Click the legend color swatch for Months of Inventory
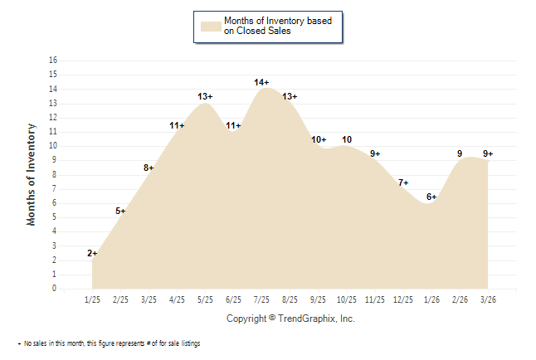click(211, 26)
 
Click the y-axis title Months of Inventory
click(32, 174)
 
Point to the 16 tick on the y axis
click(53, 61)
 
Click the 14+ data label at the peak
click(261, 82)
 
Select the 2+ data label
click(92, 253)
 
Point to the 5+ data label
click(120, 211)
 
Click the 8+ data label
click(149, 168)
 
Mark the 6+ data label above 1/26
click(431, 197)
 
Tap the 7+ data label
click(403, 182)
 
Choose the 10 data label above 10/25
click(347, 139)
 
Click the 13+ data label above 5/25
click(206, 96)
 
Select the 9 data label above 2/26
click(460, 153)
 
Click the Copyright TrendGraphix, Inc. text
click(290, 319)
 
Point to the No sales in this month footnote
click(109, 343)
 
